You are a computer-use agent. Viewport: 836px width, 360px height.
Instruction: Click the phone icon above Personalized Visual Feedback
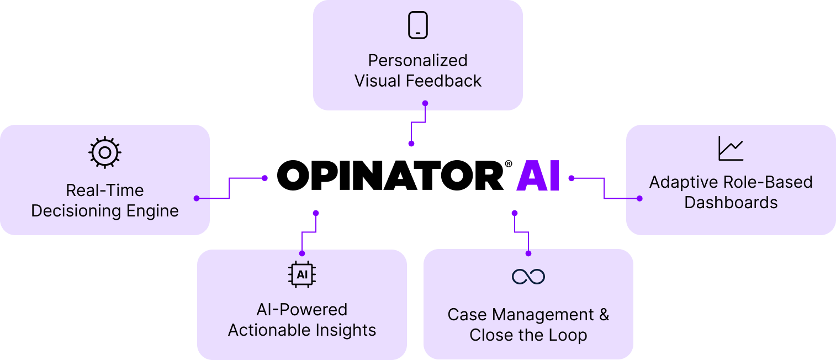coord(418,25)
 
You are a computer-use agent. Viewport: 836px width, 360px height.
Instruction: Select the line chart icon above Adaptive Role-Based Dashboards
coord(731,149)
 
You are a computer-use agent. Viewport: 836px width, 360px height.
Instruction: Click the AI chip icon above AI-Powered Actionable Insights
coord(302,274)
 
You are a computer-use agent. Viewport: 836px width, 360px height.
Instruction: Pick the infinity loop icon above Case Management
coord(528,276)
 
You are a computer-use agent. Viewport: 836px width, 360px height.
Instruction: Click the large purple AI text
coord(538,177)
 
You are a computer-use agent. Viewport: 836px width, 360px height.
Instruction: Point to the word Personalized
coord(418,60)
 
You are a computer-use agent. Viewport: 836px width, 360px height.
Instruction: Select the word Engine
coord(151,211)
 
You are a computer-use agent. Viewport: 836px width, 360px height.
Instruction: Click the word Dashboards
coord(731,203)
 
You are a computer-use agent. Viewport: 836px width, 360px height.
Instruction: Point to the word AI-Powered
coord(302,309)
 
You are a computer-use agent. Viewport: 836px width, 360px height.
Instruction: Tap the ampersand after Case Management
coord(604,315)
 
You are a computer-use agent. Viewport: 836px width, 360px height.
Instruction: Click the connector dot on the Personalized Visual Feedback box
coord(425,103)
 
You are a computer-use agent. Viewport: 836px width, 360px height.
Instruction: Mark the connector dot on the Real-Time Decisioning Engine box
coord(197,198)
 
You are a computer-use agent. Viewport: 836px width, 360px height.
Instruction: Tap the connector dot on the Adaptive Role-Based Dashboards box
coord(639,198)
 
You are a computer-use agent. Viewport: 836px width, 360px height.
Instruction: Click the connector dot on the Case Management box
coord(528,253)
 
